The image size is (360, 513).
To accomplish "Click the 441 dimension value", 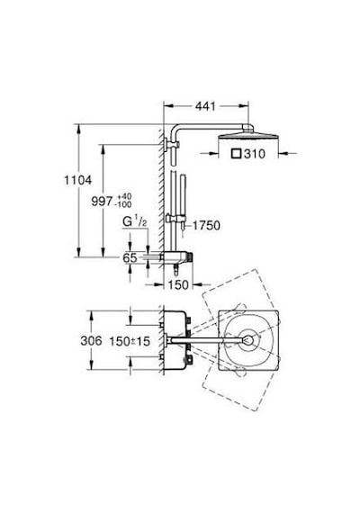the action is (x=205, y=106).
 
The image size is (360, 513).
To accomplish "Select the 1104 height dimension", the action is (x=78, y=180).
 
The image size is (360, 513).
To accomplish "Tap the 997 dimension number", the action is (x=102, y=202).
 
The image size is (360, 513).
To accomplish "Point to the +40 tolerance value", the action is (x=124, y=196).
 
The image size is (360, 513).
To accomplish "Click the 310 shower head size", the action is (x=255, y=154).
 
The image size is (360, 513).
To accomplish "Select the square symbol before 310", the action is (x=237, y=154).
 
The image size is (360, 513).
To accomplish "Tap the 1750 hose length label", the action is (x=206, y=225).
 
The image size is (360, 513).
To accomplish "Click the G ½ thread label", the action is (x=134, y=222).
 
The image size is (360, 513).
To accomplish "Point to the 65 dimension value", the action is (x=130, y=257).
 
